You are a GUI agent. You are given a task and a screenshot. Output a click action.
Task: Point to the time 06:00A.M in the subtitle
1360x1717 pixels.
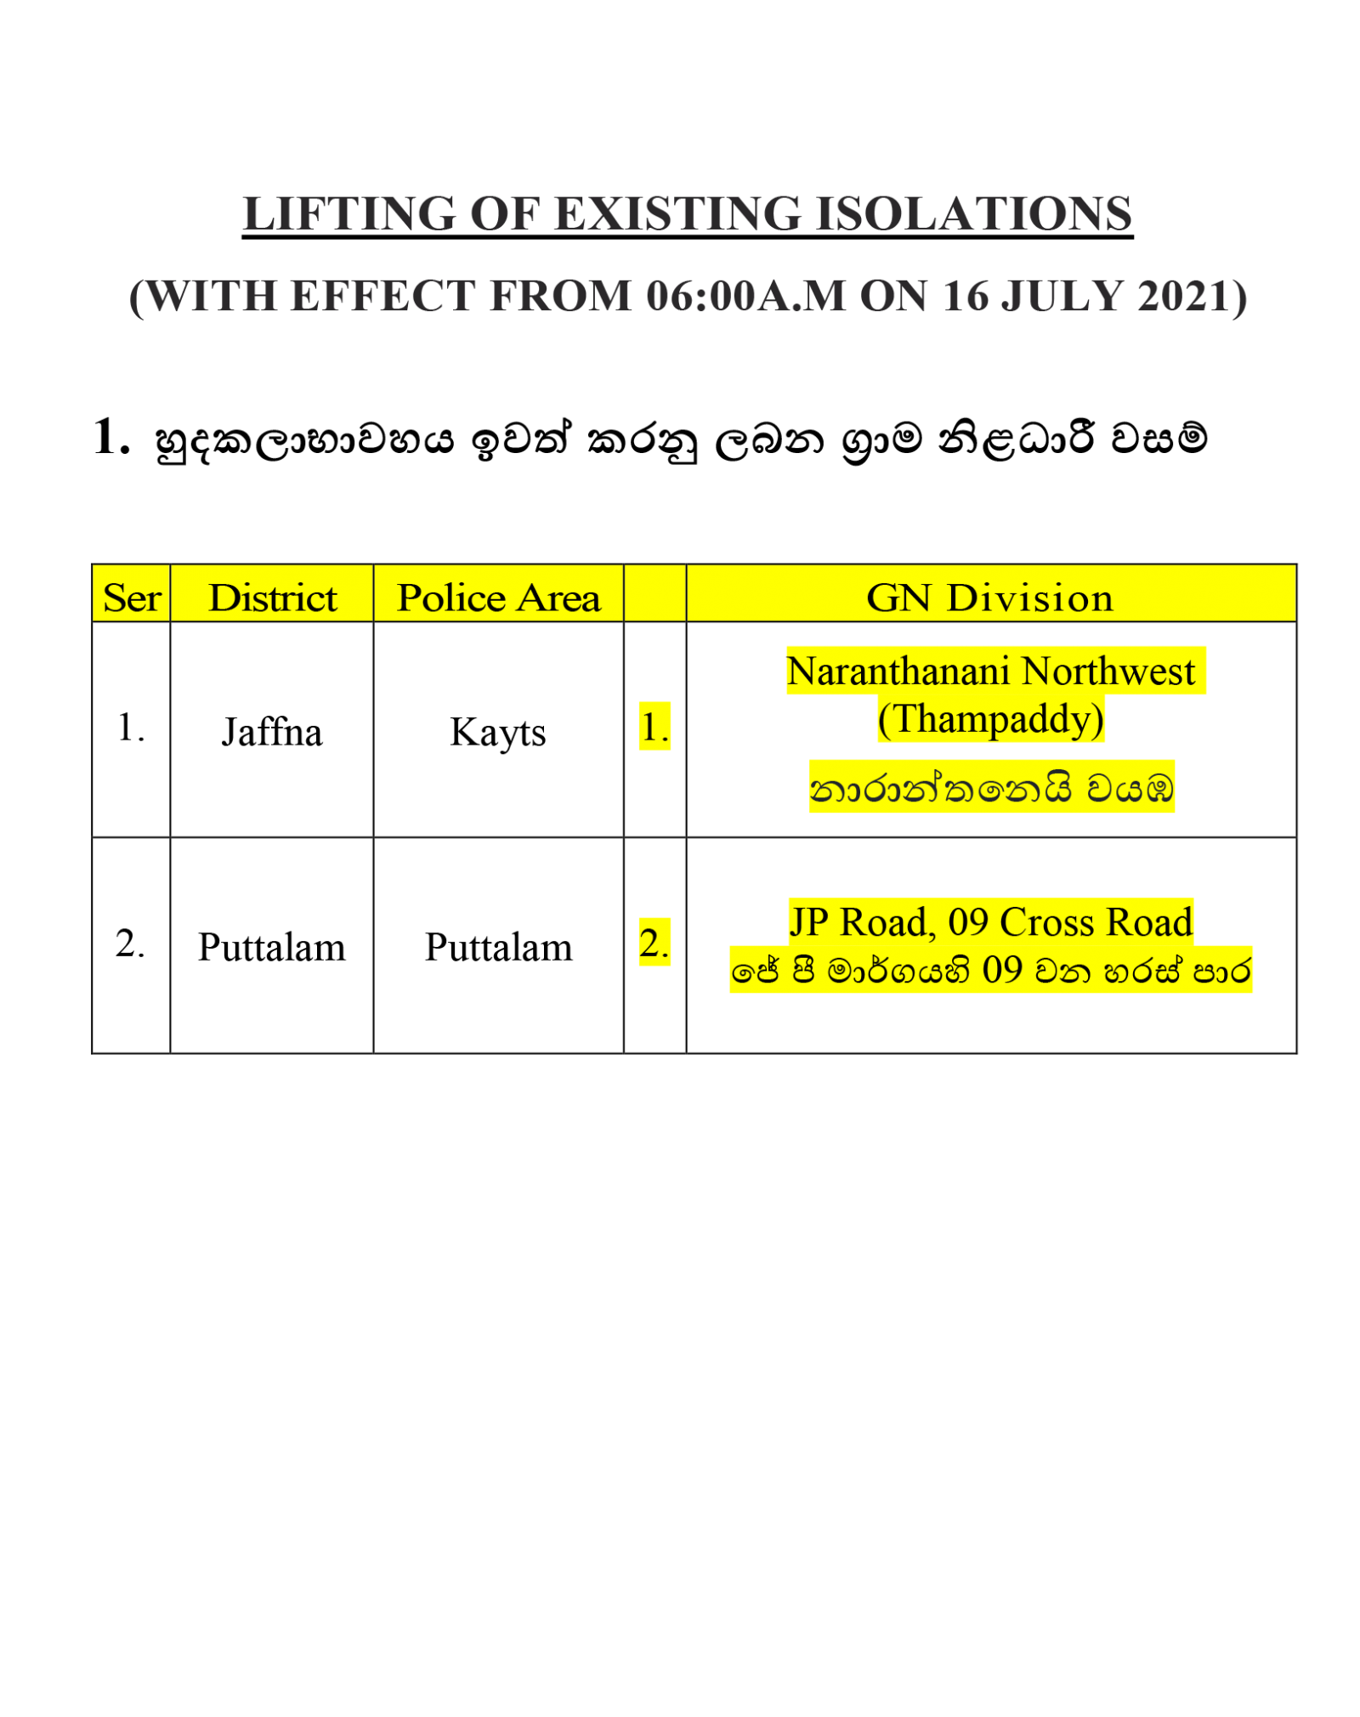coord(745,297)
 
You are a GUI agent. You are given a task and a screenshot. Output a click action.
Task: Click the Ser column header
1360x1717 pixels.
coord(132,598)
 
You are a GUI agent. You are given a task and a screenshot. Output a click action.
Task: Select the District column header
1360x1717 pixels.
coord(273,598)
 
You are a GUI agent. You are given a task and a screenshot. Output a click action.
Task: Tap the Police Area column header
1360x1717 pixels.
coord(499,598)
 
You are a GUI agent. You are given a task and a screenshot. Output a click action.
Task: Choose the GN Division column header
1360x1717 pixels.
coord(990,598)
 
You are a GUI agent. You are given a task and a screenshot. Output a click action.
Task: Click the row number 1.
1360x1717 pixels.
coord(654,728)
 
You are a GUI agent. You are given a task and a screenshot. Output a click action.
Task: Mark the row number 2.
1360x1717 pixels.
coord(654,943)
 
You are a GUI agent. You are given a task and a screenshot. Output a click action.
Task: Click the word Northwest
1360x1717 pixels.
coord(1108,671)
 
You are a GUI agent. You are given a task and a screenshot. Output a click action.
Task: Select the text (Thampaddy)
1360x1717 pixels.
coord(991,719)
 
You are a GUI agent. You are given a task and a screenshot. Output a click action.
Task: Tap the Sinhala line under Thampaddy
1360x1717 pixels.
coord(992,788)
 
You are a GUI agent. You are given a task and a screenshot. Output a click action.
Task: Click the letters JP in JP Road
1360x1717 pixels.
coord(808,922)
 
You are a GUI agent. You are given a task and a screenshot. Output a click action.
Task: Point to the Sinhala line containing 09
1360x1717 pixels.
coord(991,970)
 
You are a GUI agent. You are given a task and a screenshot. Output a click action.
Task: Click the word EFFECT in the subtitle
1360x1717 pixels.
coord(382,297)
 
